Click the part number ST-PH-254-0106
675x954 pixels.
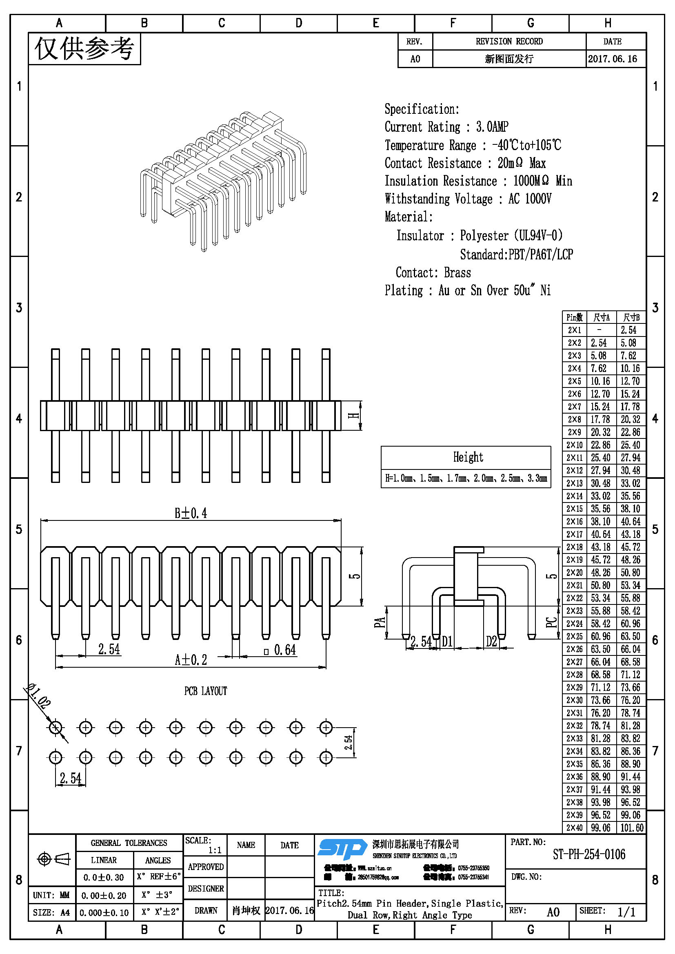(588, 855)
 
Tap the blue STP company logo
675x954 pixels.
(342, 849)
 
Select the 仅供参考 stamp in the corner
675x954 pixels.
(84, 49)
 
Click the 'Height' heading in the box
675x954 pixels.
(468, 457)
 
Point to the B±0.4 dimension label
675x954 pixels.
(191, 514)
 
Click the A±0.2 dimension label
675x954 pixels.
(191, 660)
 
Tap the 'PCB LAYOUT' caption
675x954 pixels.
(206, 691)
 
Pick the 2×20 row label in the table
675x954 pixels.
(574, 573)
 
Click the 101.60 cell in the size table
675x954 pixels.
(632, 828)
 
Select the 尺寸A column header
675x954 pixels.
(602, 318)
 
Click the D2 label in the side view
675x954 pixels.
(491, 642)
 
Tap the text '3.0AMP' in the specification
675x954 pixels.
(492, 127)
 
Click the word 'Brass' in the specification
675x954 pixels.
(457, 272)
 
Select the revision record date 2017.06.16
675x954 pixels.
(612, 59)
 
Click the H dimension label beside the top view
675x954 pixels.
(353, 415)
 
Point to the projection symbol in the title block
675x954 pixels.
(53, 859)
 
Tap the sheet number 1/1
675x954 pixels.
(626, 912)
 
